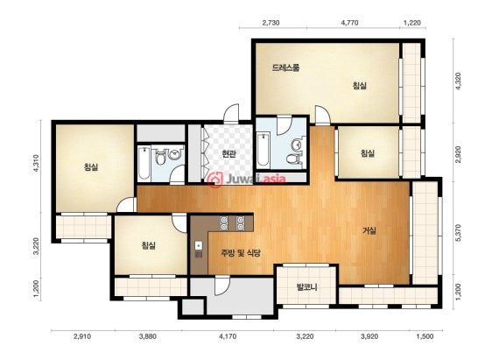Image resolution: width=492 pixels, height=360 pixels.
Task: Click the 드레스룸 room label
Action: coord(285,67)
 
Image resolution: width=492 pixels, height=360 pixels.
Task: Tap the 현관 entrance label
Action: coord(228,153)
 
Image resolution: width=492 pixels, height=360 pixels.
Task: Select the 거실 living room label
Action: coord(369,230)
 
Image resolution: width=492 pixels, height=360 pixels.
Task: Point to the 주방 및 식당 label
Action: coord(241,253)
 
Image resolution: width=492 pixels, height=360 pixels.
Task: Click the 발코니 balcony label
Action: coord(307,287)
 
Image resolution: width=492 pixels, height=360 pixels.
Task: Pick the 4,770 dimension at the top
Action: coord(349,23)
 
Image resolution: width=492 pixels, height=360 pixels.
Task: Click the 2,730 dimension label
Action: coord(271,23)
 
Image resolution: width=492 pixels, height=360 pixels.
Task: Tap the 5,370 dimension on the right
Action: coord(459,233)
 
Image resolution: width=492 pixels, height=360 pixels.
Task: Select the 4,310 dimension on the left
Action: coord(37,164)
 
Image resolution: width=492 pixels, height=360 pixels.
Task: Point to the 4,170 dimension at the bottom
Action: coord(228,336)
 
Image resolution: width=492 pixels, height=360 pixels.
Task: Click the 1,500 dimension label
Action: coord(425,336)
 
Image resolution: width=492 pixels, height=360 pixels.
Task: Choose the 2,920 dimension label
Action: coord(459,154)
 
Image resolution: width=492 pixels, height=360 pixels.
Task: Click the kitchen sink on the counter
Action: coord(199,245)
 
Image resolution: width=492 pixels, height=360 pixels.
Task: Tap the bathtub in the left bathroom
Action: coord(144,163)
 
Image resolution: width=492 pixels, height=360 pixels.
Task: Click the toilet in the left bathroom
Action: coord(161,158)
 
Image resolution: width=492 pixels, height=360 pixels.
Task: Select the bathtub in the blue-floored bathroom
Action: coord(263,150)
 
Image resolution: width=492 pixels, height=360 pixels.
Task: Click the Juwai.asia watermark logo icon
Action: coord(215,180)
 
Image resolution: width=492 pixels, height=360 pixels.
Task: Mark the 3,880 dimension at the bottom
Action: coord(147,336)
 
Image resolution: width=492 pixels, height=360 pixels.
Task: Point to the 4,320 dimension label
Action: coord(459,81)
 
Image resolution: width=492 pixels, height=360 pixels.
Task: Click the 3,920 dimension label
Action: coord(369,336)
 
